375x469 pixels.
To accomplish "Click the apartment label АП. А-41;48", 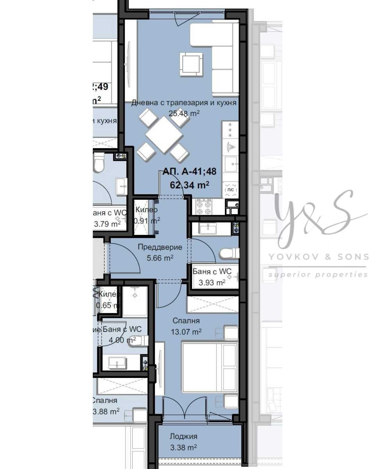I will pos(189,171).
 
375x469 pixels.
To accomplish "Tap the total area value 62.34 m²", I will pos(189,185).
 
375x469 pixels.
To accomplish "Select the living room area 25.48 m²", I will pos(184,113).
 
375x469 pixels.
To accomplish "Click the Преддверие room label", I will pos(160,247).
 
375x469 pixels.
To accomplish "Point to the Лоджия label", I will pos(183,436).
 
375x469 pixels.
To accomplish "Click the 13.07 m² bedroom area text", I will pos(186,332).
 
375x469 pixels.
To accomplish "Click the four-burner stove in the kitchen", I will pos(204,207).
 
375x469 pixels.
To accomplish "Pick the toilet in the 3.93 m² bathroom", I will pos(229,253).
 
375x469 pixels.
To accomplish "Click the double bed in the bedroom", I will pos(210,368).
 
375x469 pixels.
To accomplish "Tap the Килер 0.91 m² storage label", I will pos(146,215).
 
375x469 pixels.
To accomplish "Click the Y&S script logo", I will pos(312,219).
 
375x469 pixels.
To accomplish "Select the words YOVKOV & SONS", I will pos(318,257).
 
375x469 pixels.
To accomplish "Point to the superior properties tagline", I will pos(318,274).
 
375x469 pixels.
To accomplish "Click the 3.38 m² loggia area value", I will pos(183,447).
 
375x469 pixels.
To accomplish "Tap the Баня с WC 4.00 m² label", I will pos(122,334).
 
